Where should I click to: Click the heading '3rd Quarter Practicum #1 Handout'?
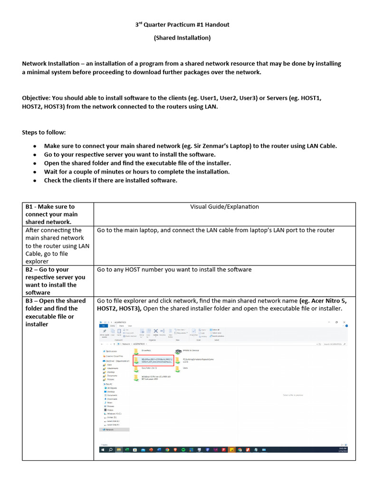pyautogui.click(x=182, y=25)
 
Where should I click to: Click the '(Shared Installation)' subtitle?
pyautogui.click(x=182, y=38)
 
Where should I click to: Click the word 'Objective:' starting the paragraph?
pyautogui.click(x=37, y=98)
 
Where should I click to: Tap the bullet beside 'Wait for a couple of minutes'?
pyautogui.click(x=35, y=172)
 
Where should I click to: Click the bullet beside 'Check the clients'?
pyautogui.click(x=35, y=180)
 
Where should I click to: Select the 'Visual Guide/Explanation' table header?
pyautogui.click(x=224, y=206)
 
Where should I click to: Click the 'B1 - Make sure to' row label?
pyautogui.click(x=50, y=206)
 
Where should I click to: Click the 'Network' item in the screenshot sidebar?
pyautogui.click(x=109, y=429)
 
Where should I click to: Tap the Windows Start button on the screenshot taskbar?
pyautogui.click(x=103, y=449)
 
